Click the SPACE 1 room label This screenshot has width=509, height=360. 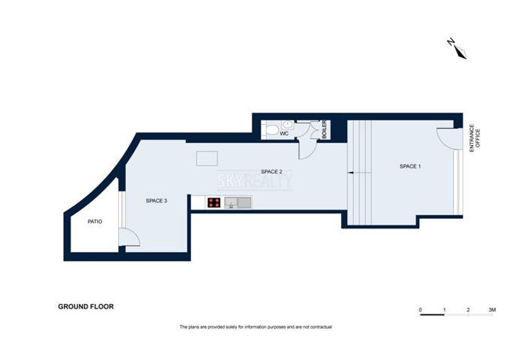coord(410,167)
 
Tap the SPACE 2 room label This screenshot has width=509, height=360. coord(271,171)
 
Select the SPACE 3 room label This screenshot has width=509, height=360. coord(156,201)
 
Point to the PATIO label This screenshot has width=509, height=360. coord(95,222)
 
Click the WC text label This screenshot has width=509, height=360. coord(284,133)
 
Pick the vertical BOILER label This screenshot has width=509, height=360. coord(324,129)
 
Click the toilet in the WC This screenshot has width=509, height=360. coord(271,131)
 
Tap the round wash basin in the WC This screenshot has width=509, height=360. coord(287,124)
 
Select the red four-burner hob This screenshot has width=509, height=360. coord(214,202)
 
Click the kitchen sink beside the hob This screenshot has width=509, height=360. coord(238,202)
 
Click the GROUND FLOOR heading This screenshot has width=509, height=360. coord(86,307)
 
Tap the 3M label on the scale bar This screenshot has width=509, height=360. coord(492,310)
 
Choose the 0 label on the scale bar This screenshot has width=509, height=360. coord(420,310)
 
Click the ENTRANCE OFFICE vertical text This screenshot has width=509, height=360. coord(474,138)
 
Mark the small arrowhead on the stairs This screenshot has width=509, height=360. coord(350,173)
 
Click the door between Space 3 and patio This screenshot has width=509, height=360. coord(129,237)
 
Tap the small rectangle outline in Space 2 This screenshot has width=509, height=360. coord(207,159)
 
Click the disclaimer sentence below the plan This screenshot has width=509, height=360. coord(256,327)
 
